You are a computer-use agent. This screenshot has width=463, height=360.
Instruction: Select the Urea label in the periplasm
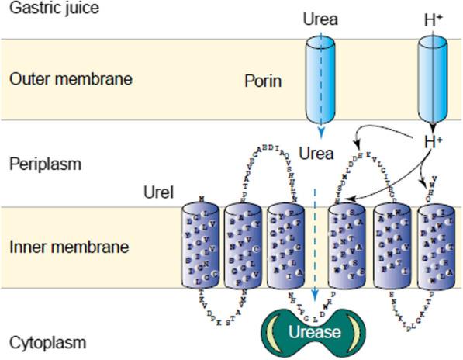click(316, 154)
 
